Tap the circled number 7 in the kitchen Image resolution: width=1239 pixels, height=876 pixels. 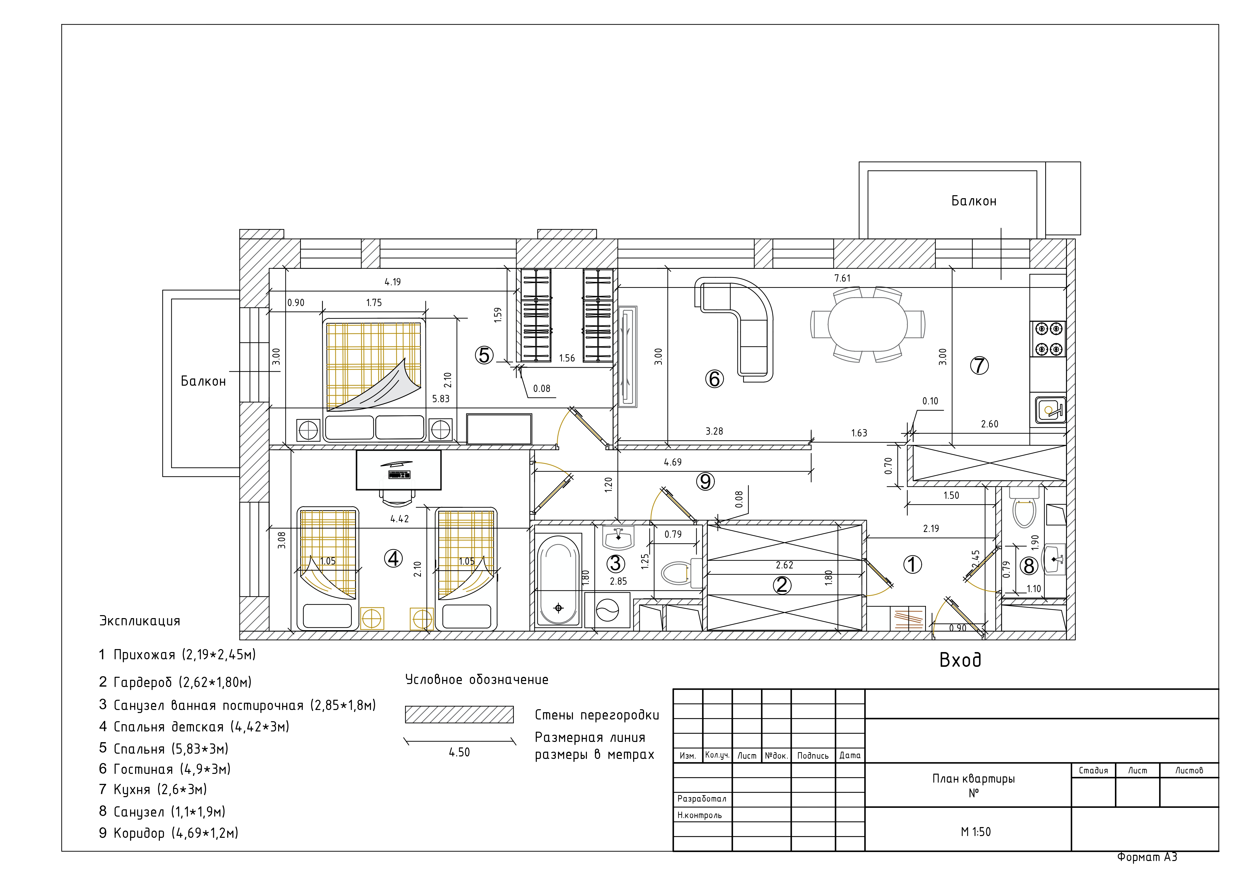tap(979, 365)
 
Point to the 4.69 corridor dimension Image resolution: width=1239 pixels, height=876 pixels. tap(672, 462)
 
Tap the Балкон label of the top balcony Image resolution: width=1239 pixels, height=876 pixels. tap(974, 201)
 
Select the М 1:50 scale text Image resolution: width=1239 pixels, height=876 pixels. tap(976, 832)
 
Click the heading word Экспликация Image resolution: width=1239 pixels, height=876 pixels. tap(139, 621)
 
